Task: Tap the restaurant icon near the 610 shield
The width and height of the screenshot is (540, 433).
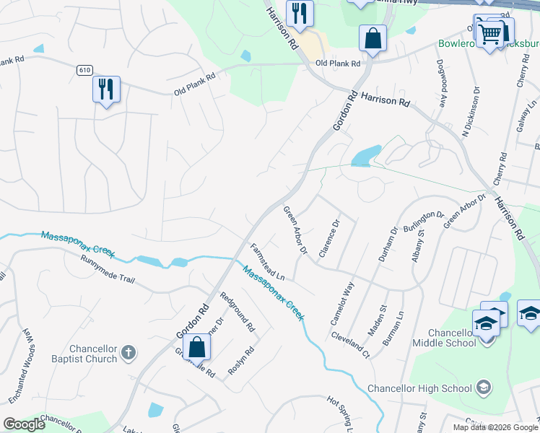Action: pos(106,89)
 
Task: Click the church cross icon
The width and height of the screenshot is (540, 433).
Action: pos(128,353)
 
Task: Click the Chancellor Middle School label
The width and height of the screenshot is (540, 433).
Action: pos(441,338)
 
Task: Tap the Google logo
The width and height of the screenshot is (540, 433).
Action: pos(25,424)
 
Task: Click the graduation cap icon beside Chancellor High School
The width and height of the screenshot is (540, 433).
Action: pos(482,388)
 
